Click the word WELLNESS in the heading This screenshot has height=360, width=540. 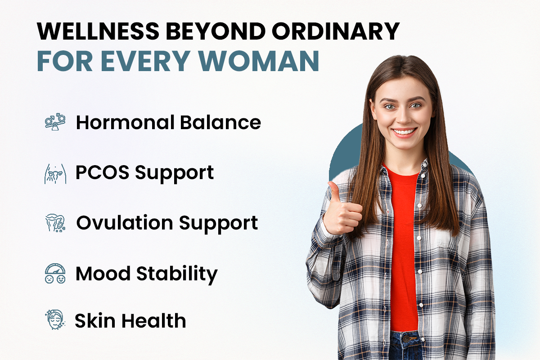pyautogui.click(x=98, y=31)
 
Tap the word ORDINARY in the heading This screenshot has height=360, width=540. pyautogui.click(x=336, y=31)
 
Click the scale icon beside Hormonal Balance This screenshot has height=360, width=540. pyautogui.click(x=55, y=122)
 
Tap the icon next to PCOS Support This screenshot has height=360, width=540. pyautogui.click(x=55, y=174)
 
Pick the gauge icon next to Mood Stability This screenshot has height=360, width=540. pyautogui.click(x=55, y=273)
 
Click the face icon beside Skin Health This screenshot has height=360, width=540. pyautogui.click(x=55, y=319)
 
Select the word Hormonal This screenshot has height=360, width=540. pyautogui.click(x=125, y=122)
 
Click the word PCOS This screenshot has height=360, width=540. pyautogui.click(x=103, y=172)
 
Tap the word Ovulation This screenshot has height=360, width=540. pyautogui.click(x=125, y=223)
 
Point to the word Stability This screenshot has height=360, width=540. pyautogui.click(x=177, y=274)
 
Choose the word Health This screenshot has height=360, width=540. pyautogui.click(x=154, y=321)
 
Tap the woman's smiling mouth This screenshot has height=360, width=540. pyautogui.click(x=404, y=132)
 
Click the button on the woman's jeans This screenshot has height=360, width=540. pyautogui.click(x=407, y=339)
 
